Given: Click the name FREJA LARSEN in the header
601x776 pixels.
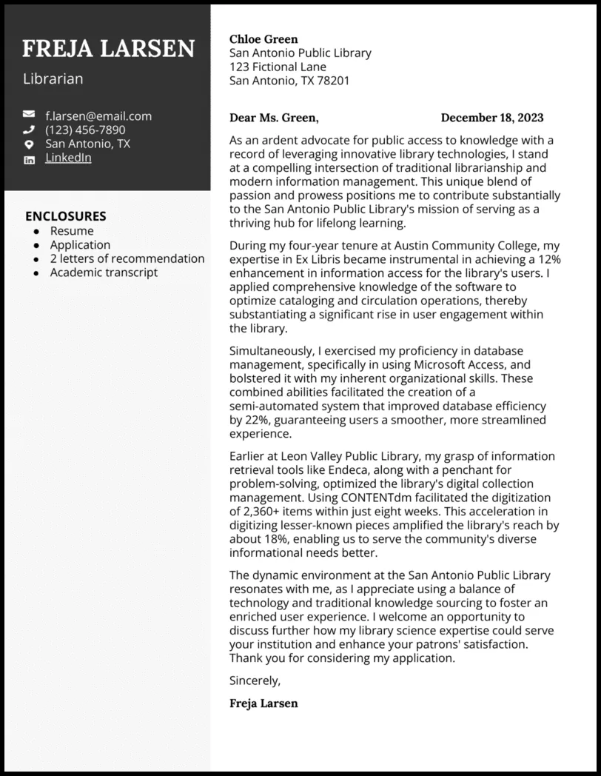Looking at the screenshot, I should [108, 48].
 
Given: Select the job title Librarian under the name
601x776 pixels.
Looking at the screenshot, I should [53, 78].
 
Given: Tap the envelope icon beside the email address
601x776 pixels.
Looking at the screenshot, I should [29, 115].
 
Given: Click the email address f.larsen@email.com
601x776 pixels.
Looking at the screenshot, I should [98, 116].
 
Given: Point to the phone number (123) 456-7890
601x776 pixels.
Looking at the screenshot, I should [85, 130].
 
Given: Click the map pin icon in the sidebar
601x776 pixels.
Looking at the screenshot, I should [29, 144].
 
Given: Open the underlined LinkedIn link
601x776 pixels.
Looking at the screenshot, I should [68, 158].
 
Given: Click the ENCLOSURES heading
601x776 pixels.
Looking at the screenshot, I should [65, 216].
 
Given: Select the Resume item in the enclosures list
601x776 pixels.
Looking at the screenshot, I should [72, 231].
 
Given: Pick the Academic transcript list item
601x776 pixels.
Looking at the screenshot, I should [104, 272].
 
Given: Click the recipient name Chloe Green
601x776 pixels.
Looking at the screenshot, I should [263, 39].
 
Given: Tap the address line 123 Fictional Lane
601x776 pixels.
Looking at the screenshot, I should [278, 67].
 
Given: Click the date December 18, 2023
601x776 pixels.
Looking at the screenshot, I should [491, 118].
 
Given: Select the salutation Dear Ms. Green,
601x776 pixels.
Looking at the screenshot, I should [274, 118].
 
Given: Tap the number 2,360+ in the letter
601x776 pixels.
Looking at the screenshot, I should [263, 511].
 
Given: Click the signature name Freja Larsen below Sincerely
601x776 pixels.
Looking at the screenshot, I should [263, 703].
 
